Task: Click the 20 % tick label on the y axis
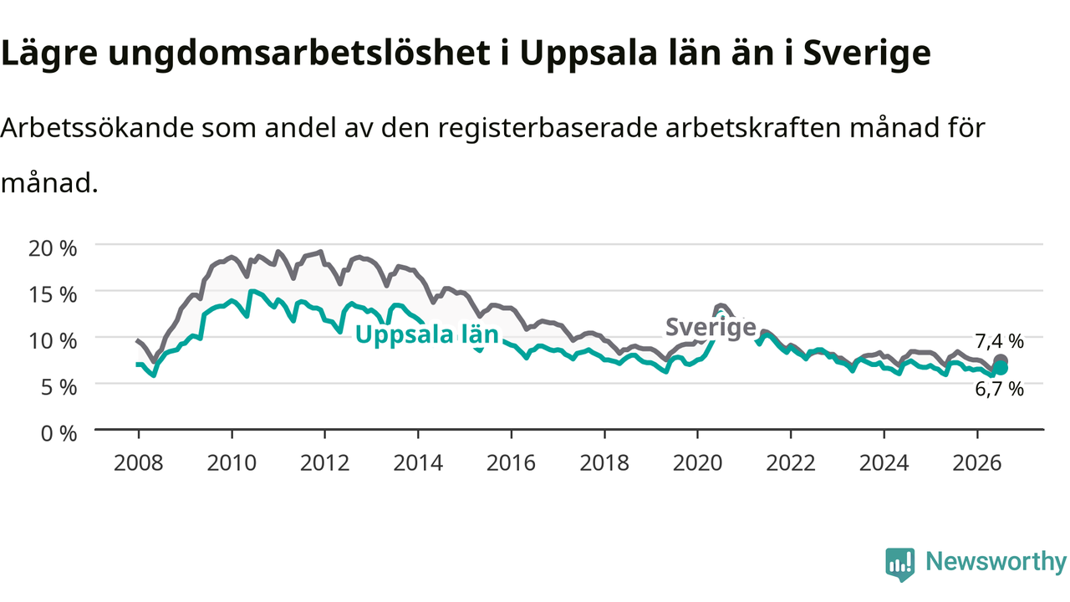tap(53, 248)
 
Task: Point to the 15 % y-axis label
tap(53, 295)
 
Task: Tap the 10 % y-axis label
tap(53, 341)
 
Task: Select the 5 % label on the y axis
tap(59, 387)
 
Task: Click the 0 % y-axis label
tap(59, 434)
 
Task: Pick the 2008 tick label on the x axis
tap(139, 463)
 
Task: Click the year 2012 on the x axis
tap(325, 463)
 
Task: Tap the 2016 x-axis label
tap(511, 463)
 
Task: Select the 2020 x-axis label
tap(697, 463)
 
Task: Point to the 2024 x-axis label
tap(884, 463)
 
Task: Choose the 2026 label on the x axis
tap(977, 463)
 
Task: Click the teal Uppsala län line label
tap(427, 334)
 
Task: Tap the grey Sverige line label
tap(711, 328)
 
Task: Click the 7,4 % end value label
tap(999, 341)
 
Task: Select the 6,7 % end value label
tap(999, 390)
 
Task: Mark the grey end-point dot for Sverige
tap(1001, 360)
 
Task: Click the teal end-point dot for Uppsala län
tap(1001, 369)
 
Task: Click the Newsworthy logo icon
tap(900, 564)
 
